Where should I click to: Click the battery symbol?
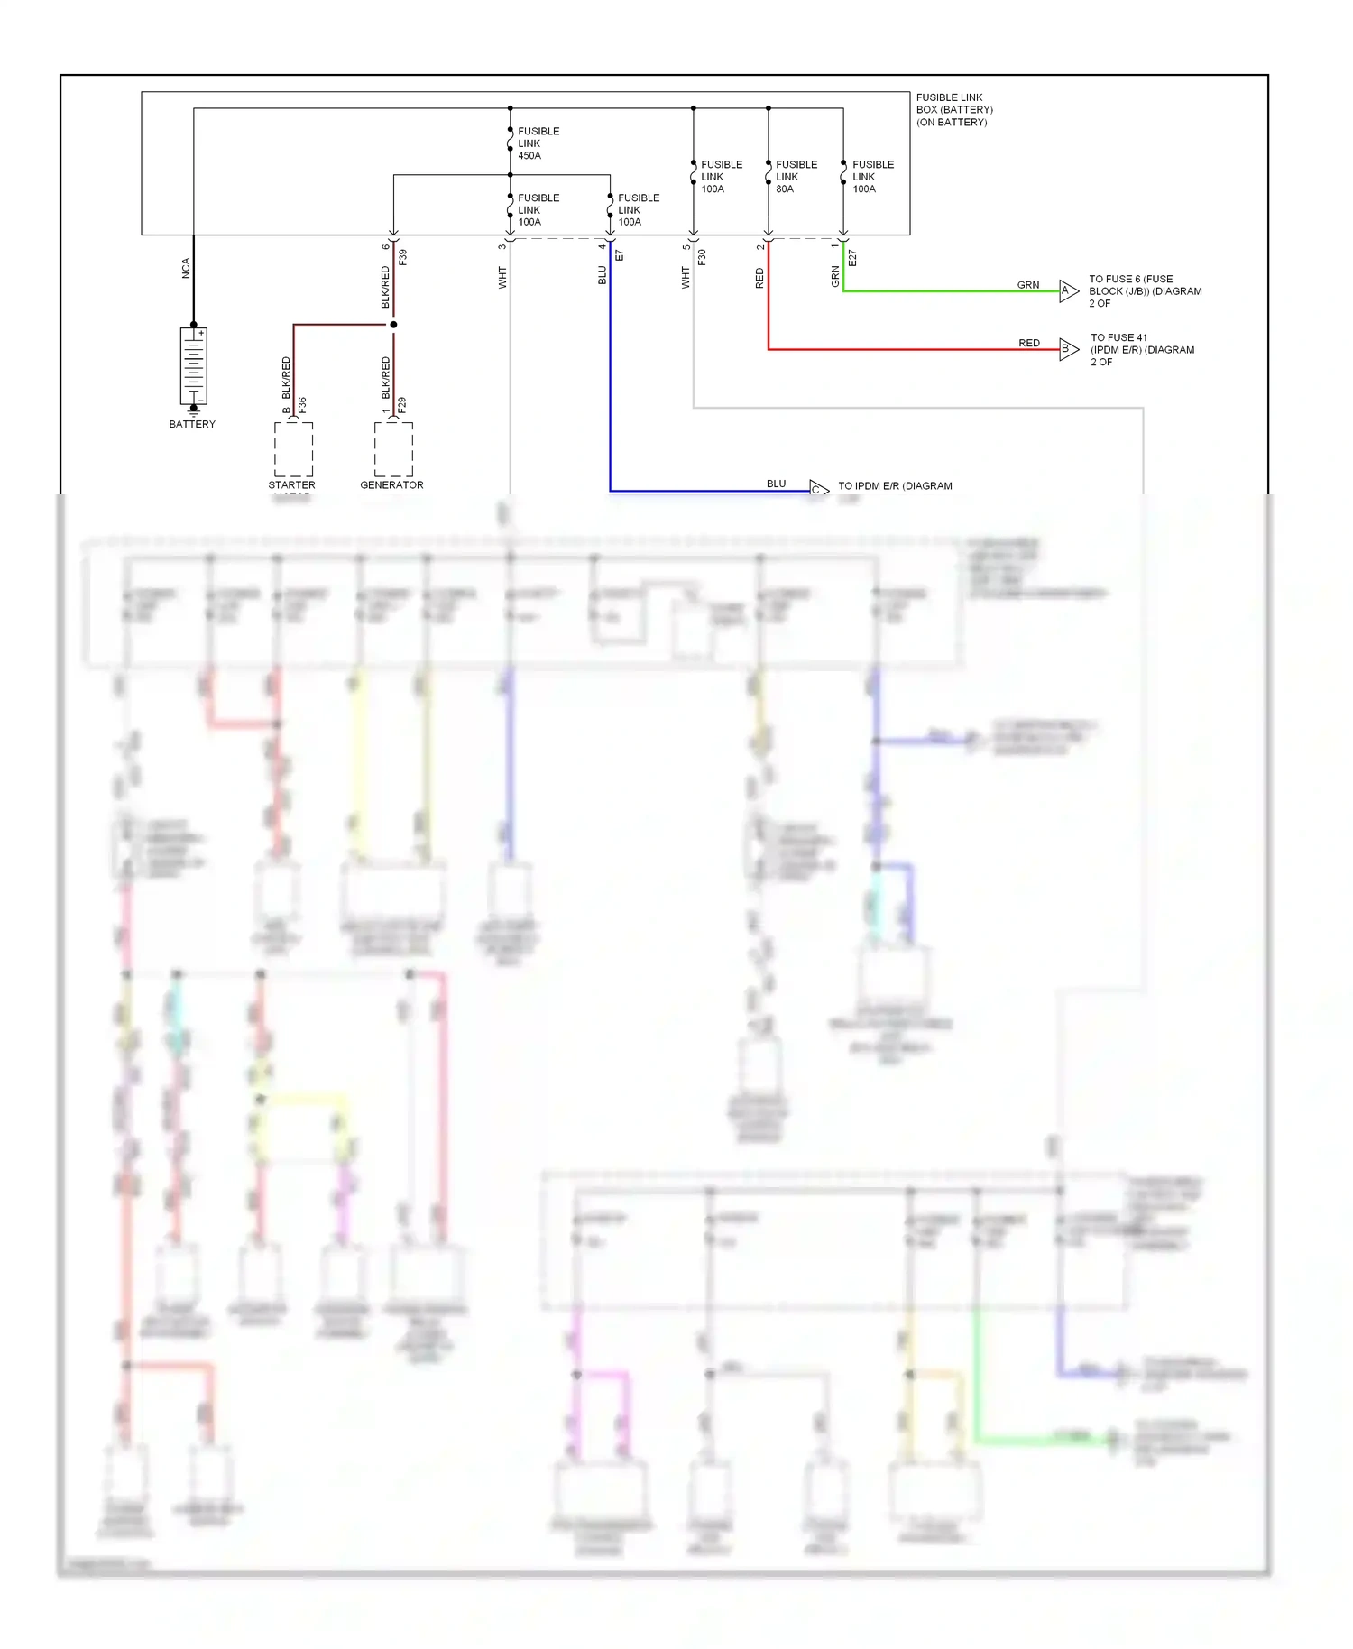[193, 366]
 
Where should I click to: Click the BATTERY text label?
[192, 424]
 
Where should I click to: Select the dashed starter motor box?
[293, 449]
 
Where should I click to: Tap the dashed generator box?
[393, 449]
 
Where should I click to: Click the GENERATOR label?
[391, 485]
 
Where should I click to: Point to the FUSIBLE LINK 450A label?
[538, 143]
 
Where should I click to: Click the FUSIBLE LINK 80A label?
[796, 177]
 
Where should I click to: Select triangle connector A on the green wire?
[1068, 291]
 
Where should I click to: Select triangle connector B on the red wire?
[1068, 349]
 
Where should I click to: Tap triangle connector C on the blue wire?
[817, 490]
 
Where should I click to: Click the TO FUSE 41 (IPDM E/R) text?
[1141, 350]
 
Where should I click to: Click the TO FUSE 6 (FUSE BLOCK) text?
[1144, 291]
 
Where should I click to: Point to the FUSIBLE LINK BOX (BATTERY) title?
[954, 110]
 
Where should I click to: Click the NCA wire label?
[186, 268]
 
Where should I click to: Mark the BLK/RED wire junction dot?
[393, 325]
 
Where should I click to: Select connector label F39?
[403, 257]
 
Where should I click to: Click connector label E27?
[852, 258]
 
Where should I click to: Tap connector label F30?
[702, 257]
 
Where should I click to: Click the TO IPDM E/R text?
[894, 486]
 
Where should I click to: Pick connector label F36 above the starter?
[303, 405]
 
